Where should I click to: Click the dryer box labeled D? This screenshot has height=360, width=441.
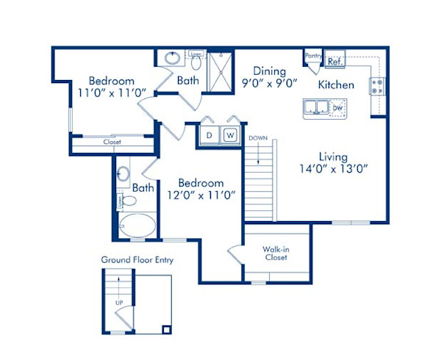(209, 136)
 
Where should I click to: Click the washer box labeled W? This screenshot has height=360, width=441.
(229, 136)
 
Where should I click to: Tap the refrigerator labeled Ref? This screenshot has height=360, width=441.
(334, 62)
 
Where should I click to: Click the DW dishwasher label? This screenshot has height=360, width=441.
(337, 109)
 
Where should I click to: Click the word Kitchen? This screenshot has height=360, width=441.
(336, 84)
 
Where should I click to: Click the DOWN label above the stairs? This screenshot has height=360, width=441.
(258, 138)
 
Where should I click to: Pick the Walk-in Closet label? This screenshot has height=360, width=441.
(275, 253)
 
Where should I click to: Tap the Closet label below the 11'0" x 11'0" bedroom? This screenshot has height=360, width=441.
(112, 142)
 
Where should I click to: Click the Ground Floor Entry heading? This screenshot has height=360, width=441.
(137, 259)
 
